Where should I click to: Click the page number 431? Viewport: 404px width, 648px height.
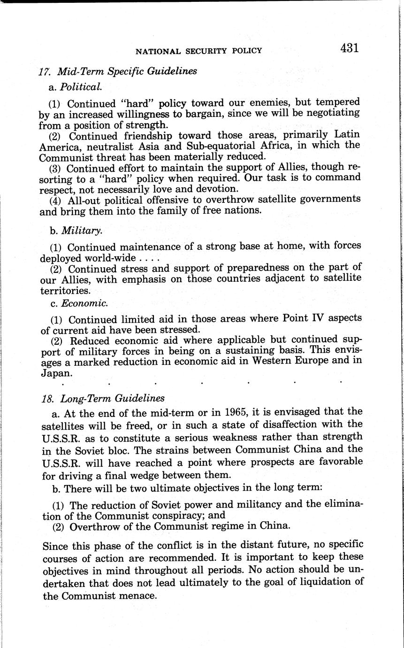[350, 48]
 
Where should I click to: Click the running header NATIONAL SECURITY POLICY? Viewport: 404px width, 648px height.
[198, 51]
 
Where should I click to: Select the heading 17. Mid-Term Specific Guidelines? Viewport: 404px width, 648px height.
[117, 72]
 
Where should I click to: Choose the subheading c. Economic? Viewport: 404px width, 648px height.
[78, 303]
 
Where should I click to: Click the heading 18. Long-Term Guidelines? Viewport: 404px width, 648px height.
[103, 398]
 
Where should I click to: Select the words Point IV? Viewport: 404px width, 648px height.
[305, 318]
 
